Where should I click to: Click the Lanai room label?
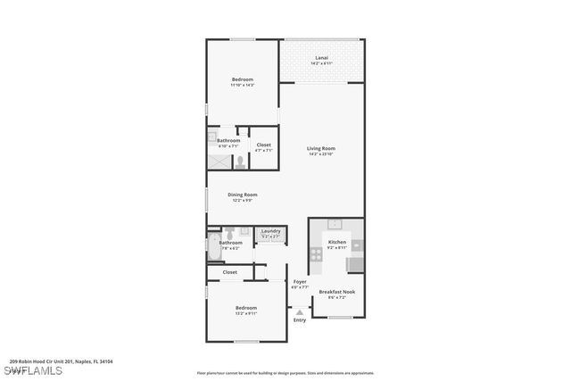[x=321, y=58]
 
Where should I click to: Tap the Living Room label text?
[x=322, y=148]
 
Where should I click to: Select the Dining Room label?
[x=242, y=195]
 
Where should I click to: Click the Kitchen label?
[x=336, y=242]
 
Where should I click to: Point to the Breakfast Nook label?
[x=337, y=292]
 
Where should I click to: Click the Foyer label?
[x=300, y=282]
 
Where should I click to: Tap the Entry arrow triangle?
[x=300, y=312]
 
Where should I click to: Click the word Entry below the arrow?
[x=300, y=320]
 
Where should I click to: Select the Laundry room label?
[x=270, y=232]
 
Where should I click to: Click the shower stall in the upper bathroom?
[x=219, y=162]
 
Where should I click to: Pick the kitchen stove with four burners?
[x=316, y=254]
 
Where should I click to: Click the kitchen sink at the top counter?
[x=336, y=224]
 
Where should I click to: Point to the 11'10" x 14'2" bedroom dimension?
[x=243, y=85]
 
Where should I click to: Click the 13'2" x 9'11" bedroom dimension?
[x=245, y=313]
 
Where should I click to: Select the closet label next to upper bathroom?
[x=264, y=145]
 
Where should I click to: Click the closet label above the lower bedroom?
[x=230, y=272]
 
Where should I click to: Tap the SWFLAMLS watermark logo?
[x=31, y=370]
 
